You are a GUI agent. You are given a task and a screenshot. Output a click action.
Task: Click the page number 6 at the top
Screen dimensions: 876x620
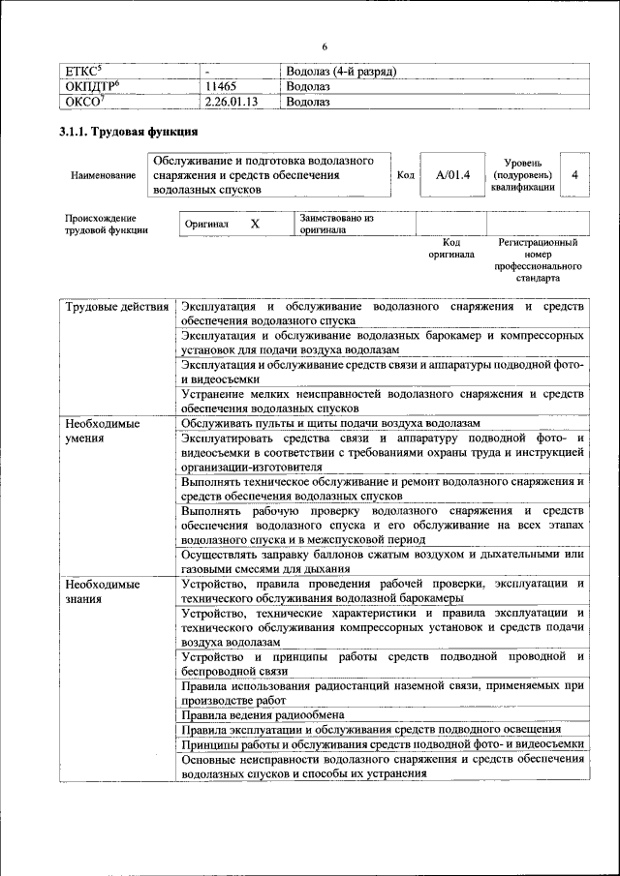coord(325,48)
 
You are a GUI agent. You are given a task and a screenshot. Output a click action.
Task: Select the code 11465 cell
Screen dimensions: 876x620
coord(226,86)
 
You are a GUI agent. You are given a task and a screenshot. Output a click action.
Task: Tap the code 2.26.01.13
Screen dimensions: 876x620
coord(236,101)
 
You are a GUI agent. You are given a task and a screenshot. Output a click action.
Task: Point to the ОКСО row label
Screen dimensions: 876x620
coord(84,101)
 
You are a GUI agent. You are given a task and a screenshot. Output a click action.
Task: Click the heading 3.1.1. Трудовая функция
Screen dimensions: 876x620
coord(129,132)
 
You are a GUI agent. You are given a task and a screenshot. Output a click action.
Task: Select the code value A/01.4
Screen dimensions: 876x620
coord(452,175)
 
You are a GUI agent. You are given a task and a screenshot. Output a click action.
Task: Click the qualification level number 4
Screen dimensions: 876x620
coord(574,175)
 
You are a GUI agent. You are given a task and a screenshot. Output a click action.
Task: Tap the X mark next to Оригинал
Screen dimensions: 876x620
coord(255,224)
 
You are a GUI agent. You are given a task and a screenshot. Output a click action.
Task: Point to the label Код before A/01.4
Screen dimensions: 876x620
coord(406,175)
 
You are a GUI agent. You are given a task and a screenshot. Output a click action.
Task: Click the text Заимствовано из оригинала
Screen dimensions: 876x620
coord(336,225)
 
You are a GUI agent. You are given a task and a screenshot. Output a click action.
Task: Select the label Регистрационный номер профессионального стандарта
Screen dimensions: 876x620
coord(538,259)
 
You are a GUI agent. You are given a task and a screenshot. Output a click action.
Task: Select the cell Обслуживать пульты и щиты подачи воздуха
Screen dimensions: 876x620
coord(330,424)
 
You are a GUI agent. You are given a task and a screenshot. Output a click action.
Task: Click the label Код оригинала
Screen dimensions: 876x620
coord(451,248)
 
